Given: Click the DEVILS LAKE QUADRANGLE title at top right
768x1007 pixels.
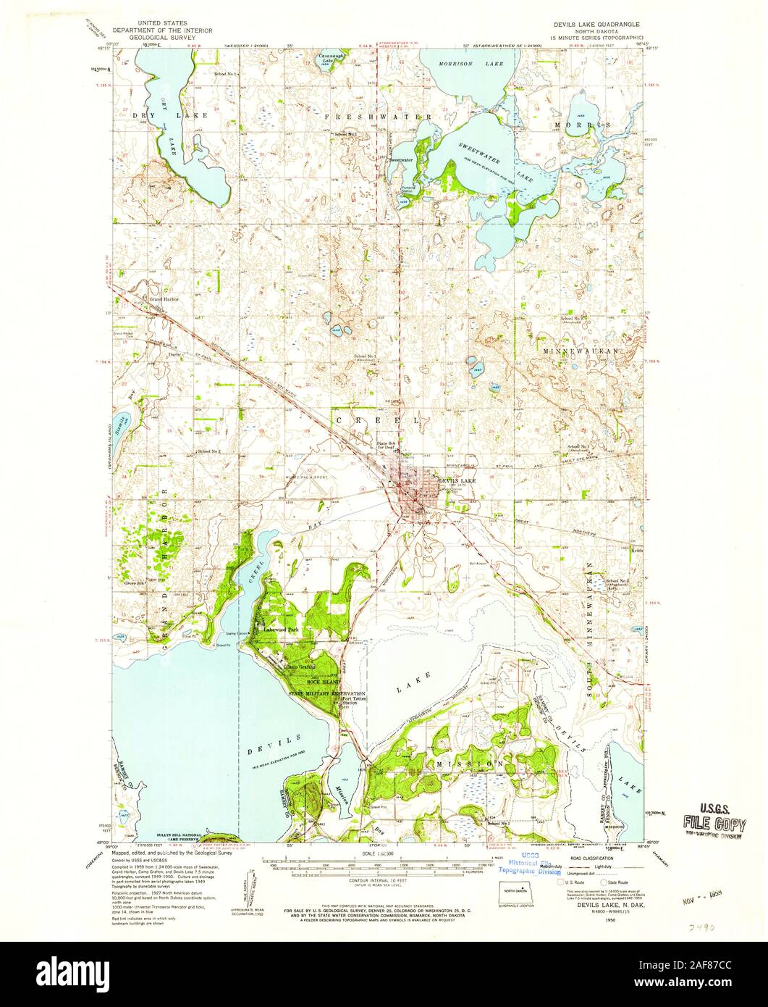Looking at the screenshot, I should coord(594,23).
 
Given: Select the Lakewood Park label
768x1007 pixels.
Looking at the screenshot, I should coord(282,630).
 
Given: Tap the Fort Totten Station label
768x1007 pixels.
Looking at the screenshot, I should coord(350,701).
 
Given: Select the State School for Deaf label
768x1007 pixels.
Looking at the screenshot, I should coord(385,446).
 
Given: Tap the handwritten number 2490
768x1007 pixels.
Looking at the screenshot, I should coord(699,926).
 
